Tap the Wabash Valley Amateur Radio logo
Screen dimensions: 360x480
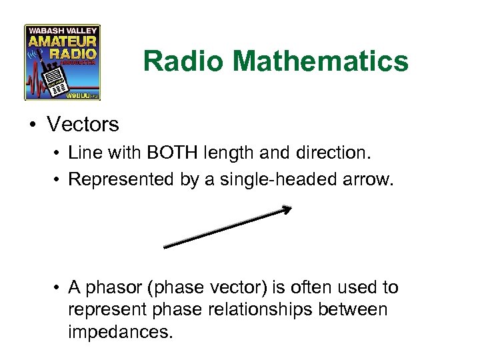(x=62, y=62)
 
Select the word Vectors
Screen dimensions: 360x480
(x=83, y=124)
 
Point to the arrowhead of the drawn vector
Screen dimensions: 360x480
(x=287, y=210)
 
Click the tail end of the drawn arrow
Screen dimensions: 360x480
(x=166, y=247)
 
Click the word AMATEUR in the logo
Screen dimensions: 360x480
(x=62, y=40)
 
